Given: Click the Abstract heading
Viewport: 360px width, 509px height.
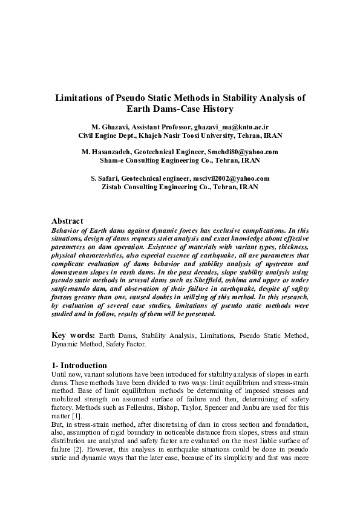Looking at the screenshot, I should tap(67, 221).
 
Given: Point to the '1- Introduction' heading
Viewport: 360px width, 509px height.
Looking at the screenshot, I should tap(79, 365).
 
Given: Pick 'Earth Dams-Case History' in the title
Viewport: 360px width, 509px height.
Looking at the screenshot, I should tap(180, 109).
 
